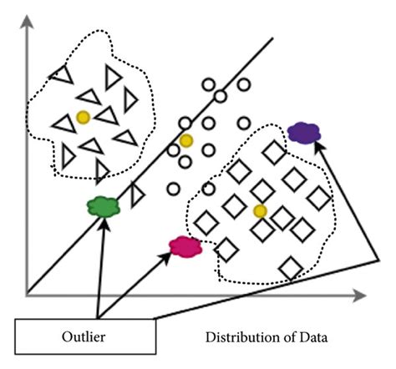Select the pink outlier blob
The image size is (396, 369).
[185, 245]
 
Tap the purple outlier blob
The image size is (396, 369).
[303, 131]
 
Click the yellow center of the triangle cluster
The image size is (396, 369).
[83, 117]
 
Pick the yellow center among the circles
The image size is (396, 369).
[185, 140]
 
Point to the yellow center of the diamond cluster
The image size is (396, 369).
[260, 210]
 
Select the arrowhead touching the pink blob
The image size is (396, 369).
[169, 250]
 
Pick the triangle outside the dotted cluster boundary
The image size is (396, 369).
[137, 195]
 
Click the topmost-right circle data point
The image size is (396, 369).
[243, 84]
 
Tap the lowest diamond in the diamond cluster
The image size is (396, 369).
[290, 268]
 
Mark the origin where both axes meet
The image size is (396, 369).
[28, 295]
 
